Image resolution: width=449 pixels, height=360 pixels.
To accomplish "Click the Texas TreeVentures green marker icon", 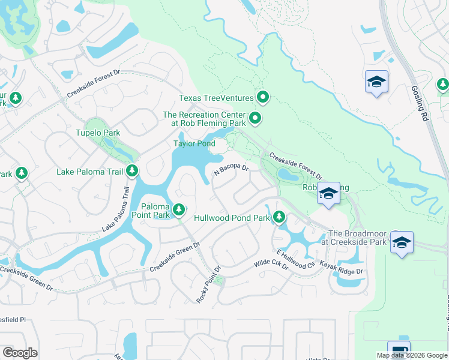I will click(x=262, y=97).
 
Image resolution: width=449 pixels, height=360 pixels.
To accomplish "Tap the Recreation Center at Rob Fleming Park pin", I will click(x=255, y=119).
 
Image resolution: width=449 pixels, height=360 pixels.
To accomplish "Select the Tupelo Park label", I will click(x=98, y=133).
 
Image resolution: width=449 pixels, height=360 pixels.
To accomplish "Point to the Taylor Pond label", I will click(x=194, y=143).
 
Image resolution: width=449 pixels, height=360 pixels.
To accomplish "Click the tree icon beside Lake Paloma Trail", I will click(x=132, y=172).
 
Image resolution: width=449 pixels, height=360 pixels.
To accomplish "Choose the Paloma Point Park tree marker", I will click(x=179, y=209).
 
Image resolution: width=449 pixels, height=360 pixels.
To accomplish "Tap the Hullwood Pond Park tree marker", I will click(x=279, y=217).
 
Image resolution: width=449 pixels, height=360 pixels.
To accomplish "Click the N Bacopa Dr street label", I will click(x=232, y=171).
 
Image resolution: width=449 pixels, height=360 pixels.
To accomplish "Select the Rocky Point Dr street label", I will click(x=209, y=284).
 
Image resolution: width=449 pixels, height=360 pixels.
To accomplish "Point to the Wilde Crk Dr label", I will click(x=271, y=263).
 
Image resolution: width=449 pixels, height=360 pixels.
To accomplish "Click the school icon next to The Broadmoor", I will click(x=402, y=242).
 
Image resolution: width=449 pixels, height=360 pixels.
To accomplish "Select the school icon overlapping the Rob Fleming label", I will click(x=328, y=193).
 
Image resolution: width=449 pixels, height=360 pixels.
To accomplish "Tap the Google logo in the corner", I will click(x=20, y=353).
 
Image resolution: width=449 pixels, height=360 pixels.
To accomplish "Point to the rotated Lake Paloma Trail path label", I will click(x=116, y=208).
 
